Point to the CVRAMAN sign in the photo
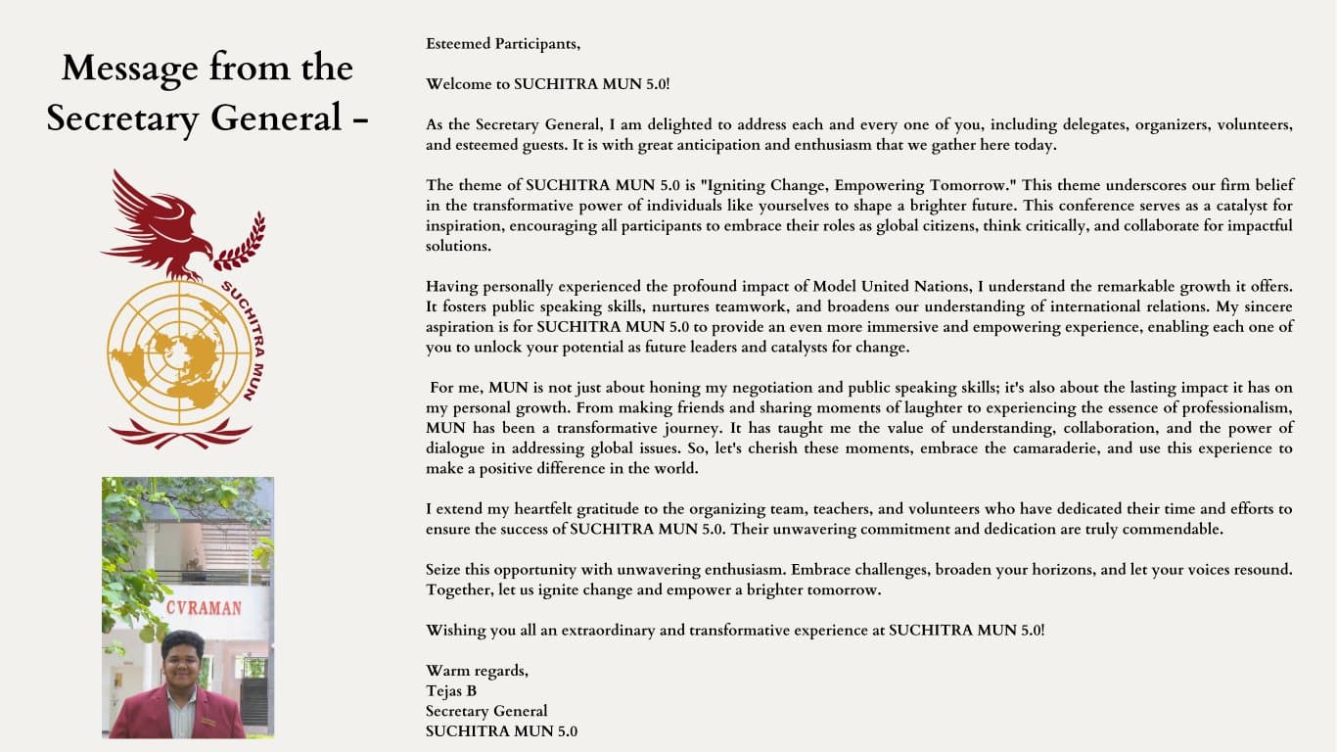click(203, 608)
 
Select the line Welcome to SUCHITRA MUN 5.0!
click(548, 84)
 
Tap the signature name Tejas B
click(451, 690)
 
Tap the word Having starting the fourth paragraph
click(450, 287)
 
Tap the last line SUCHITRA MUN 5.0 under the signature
click(501, 731)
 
